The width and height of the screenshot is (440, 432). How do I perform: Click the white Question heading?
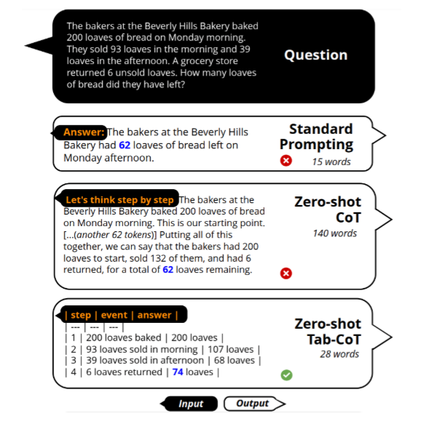point(315,55)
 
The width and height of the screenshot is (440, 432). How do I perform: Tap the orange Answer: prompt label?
point(84,132)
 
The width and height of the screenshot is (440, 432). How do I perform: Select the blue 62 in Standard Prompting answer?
point(125,145)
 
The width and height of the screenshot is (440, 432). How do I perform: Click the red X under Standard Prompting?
point(286,161)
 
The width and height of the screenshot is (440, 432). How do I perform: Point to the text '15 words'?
point(331,161)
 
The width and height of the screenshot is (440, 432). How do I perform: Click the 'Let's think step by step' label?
point(119,200)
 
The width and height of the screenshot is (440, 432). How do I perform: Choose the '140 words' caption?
point(335,233)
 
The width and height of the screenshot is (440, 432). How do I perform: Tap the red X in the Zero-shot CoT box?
point(286,273)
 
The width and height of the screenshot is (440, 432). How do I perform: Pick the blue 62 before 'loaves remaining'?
point(168,270)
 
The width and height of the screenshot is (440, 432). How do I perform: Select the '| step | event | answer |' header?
point(121,315)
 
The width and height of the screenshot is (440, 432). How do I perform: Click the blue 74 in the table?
point(178,372)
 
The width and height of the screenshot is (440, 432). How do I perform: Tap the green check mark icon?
point(286,375)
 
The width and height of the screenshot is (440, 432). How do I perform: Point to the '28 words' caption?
point(339,354)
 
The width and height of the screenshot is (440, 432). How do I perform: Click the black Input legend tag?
point(191,404)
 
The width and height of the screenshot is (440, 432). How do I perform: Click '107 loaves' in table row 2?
point(231,349)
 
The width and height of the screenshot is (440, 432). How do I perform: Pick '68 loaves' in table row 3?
point(235,360)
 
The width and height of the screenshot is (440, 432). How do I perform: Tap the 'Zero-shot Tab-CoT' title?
point(328,332)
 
